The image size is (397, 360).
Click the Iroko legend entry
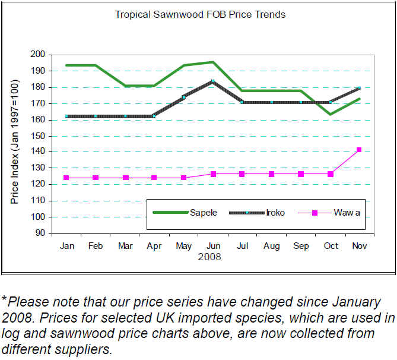(x=275, y=212)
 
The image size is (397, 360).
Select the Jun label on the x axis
(x=212, y=246)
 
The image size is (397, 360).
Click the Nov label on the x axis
(x=359, y=246)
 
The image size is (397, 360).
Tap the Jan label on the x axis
(x=66, y=246)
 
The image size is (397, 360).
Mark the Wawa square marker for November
(x=359, y=150)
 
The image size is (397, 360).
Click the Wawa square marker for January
(x=66, y=178)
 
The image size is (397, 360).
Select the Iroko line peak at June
(x=212, y=81)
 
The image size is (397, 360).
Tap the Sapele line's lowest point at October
(x=330, y=114)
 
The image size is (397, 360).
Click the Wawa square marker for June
(x=212, y=174)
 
